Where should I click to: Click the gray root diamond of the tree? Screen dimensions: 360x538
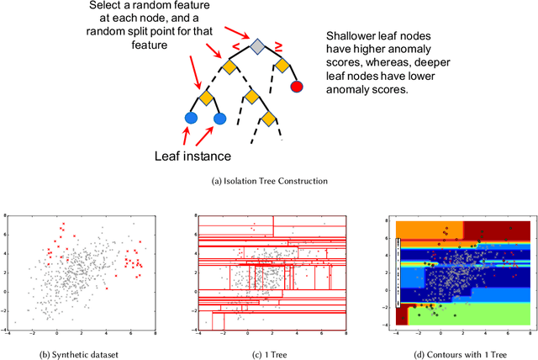(x=256, y=45)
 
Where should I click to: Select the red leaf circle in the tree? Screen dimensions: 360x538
(x=296, y=86)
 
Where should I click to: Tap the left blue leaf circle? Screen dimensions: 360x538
(x=191, y=119)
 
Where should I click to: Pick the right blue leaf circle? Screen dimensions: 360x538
(x=220, y=119)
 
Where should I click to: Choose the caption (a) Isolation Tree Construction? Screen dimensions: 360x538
(x=268, y=180)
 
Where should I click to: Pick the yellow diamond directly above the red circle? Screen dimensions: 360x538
(x=282, y=65)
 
